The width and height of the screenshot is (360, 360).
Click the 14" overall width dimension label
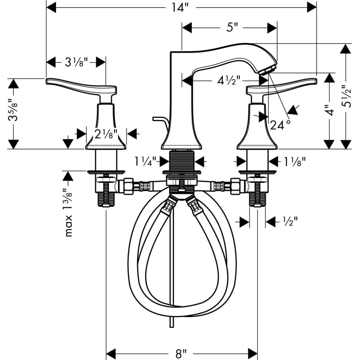click(180, 8)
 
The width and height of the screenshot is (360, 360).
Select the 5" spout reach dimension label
click(232, 28)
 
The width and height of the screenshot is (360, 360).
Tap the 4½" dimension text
click(229, 80)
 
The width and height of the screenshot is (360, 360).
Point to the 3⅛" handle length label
click(76, 62)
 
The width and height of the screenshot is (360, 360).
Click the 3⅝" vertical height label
click(13, 110)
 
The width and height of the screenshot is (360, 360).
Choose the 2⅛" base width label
click(106, 134)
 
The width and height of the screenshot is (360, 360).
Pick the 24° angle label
click(280, 125)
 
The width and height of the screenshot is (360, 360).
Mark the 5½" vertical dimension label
click(346, 96)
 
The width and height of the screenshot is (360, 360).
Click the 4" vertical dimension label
click(330, 110)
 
